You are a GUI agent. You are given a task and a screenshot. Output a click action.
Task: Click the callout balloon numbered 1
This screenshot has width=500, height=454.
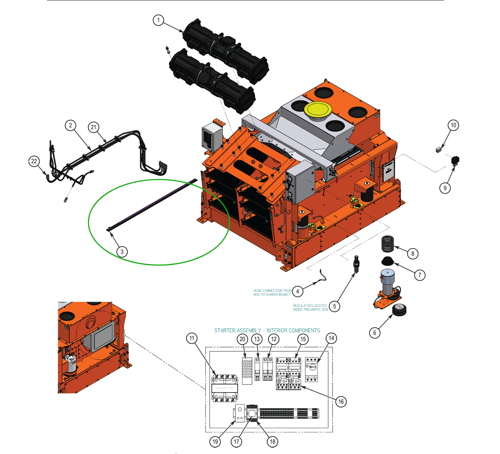coord(158,20)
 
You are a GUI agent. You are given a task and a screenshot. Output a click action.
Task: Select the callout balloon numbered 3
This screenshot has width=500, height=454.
coord(122,252)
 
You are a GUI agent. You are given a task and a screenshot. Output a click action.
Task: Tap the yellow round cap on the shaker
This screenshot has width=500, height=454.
coord(318,110)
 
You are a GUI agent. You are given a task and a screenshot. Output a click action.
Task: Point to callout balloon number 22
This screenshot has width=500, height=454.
coord(34,161)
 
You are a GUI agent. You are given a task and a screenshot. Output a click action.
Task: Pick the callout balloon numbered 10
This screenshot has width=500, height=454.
coord(453,125)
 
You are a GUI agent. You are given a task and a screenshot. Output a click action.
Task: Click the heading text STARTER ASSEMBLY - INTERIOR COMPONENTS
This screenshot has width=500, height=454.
coord(267,330)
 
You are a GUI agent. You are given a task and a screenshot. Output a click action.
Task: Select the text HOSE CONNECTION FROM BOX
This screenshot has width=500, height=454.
coord(272,293)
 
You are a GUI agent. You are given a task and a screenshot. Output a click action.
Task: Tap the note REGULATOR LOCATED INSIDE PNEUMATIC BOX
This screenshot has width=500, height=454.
coord(310,308)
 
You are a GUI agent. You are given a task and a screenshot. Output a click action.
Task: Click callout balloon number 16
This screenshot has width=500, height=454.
coord(341,401)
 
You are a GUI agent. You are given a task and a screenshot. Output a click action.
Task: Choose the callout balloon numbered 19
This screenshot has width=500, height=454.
coord(215,442)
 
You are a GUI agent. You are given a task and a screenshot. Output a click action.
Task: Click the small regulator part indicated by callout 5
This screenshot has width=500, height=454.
coord(356,264)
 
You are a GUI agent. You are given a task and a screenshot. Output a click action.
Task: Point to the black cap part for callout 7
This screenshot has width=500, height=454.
coord(387,261)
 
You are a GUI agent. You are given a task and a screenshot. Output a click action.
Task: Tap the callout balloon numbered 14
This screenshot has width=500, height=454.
coord(331,338)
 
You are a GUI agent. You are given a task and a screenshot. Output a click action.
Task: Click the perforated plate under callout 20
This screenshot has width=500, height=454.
coord(247,371)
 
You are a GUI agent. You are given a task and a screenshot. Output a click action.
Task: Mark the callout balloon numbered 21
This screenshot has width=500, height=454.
coord(94,127)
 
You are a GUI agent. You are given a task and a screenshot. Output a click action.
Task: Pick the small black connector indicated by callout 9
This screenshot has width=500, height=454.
coord(455,161)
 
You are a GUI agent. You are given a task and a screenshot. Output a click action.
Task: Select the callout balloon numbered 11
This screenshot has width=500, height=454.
coord(192,338)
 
